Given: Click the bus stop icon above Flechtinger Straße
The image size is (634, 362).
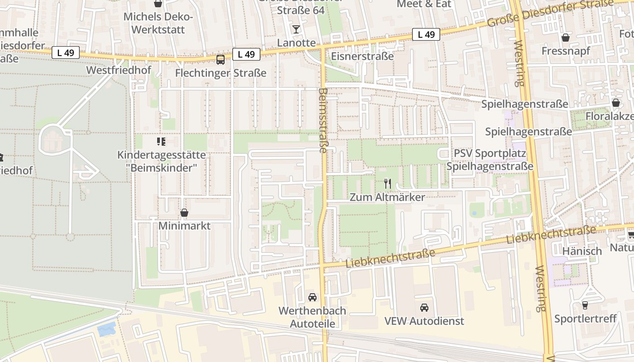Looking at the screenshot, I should (x=221, y=59).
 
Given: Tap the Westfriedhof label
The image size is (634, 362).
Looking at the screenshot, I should (x=119, y=70).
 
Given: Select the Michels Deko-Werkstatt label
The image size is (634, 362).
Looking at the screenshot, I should (x=158, y=24).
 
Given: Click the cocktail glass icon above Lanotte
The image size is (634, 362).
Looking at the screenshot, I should (x=296, y=29).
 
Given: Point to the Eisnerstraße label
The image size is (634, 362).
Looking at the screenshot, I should (x=362, y=57).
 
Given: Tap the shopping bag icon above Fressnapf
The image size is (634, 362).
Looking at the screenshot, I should (x=565, y=38).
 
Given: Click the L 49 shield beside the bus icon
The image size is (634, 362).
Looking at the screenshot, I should (x=246, y=54).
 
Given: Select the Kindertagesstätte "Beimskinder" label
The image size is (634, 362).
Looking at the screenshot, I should (x=162, y=161).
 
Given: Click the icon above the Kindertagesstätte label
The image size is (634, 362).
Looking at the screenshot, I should (x=161, y=142).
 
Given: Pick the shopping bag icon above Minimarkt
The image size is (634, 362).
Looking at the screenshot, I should (x=184, y=213).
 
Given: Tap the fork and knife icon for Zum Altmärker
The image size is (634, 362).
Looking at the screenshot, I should (x=387, y=184).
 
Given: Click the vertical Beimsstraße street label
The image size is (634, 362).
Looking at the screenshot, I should (x=323, y=120).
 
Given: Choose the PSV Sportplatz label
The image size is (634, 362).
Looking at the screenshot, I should (x=490, y=153).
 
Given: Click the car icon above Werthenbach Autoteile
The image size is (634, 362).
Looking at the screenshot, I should (x=312, y=297).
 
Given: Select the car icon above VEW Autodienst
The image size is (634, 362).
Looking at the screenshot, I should (x=424, y=308).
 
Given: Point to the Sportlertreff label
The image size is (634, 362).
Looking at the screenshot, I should (x=586, y=319).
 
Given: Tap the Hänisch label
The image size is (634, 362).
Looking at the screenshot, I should (x=582, y=251).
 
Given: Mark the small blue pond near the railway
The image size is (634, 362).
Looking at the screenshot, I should (x=106, y=329).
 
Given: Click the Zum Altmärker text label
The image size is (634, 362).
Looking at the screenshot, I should (x=387, y=197).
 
